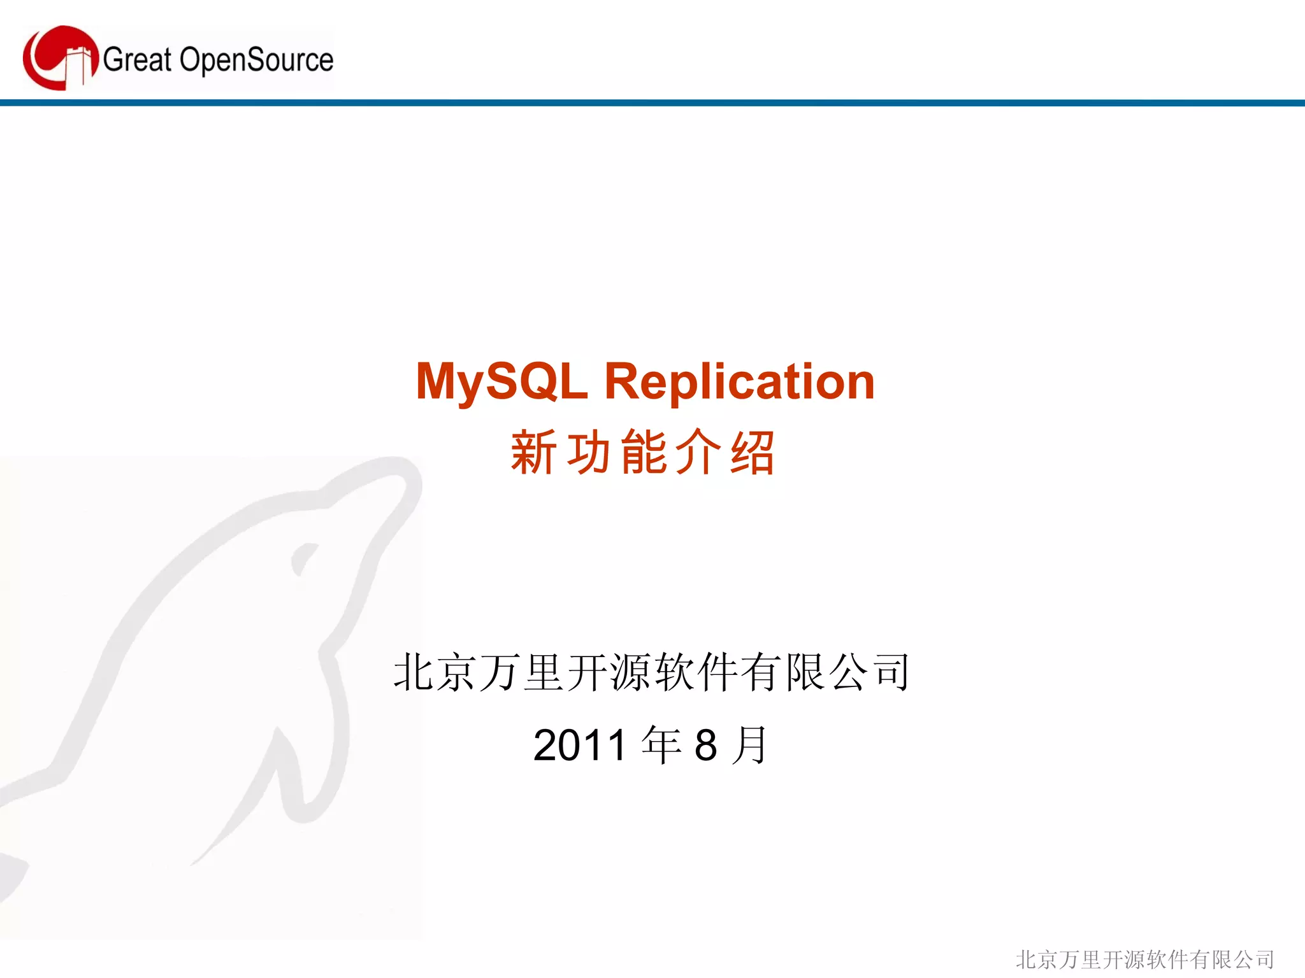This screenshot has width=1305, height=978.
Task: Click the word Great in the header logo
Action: pyautogui.click(x=137, y=60)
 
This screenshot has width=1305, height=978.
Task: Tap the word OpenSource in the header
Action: pyautogui.click(x=256, y=60)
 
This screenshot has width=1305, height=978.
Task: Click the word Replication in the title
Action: pyautogui.click(x=739, y=382)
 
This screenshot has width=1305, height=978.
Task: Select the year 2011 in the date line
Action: pyautogui.click(x=580, y=745)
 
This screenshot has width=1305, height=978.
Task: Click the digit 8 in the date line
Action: pyautogui.click(x=706, y=745)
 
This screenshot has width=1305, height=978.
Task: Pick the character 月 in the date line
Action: pyautogui.click(x=751, y=745)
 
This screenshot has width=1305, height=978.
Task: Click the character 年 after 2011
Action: pyautogui.click(x=661, y=745)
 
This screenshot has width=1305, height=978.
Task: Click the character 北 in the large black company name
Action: pyautogui.click(x=414, y=672)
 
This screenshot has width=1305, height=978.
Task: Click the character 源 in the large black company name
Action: pyautogui.click(x=631, y=672)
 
